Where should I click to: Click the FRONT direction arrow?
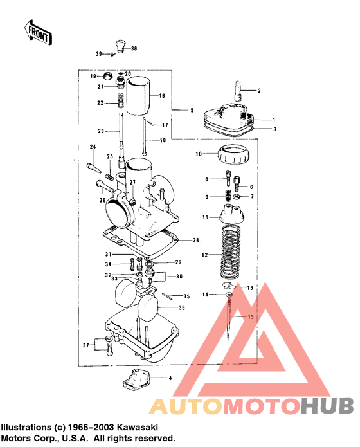click(37, 32)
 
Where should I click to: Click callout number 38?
click(134, 48)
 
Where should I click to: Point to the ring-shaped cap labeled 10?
click(233, 154)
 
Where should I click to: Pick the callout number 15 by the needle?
click(251, 316)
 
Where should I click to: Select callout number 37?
click(85, 345)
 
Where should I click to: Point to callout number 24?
click(93, 147)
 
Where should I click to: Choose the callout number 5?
click(192, 111)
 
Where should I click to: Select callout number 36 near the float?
click(182, 307)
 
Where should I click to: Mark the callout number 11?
click(206, 218)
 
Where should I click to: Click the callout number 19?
click(93, 76)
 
